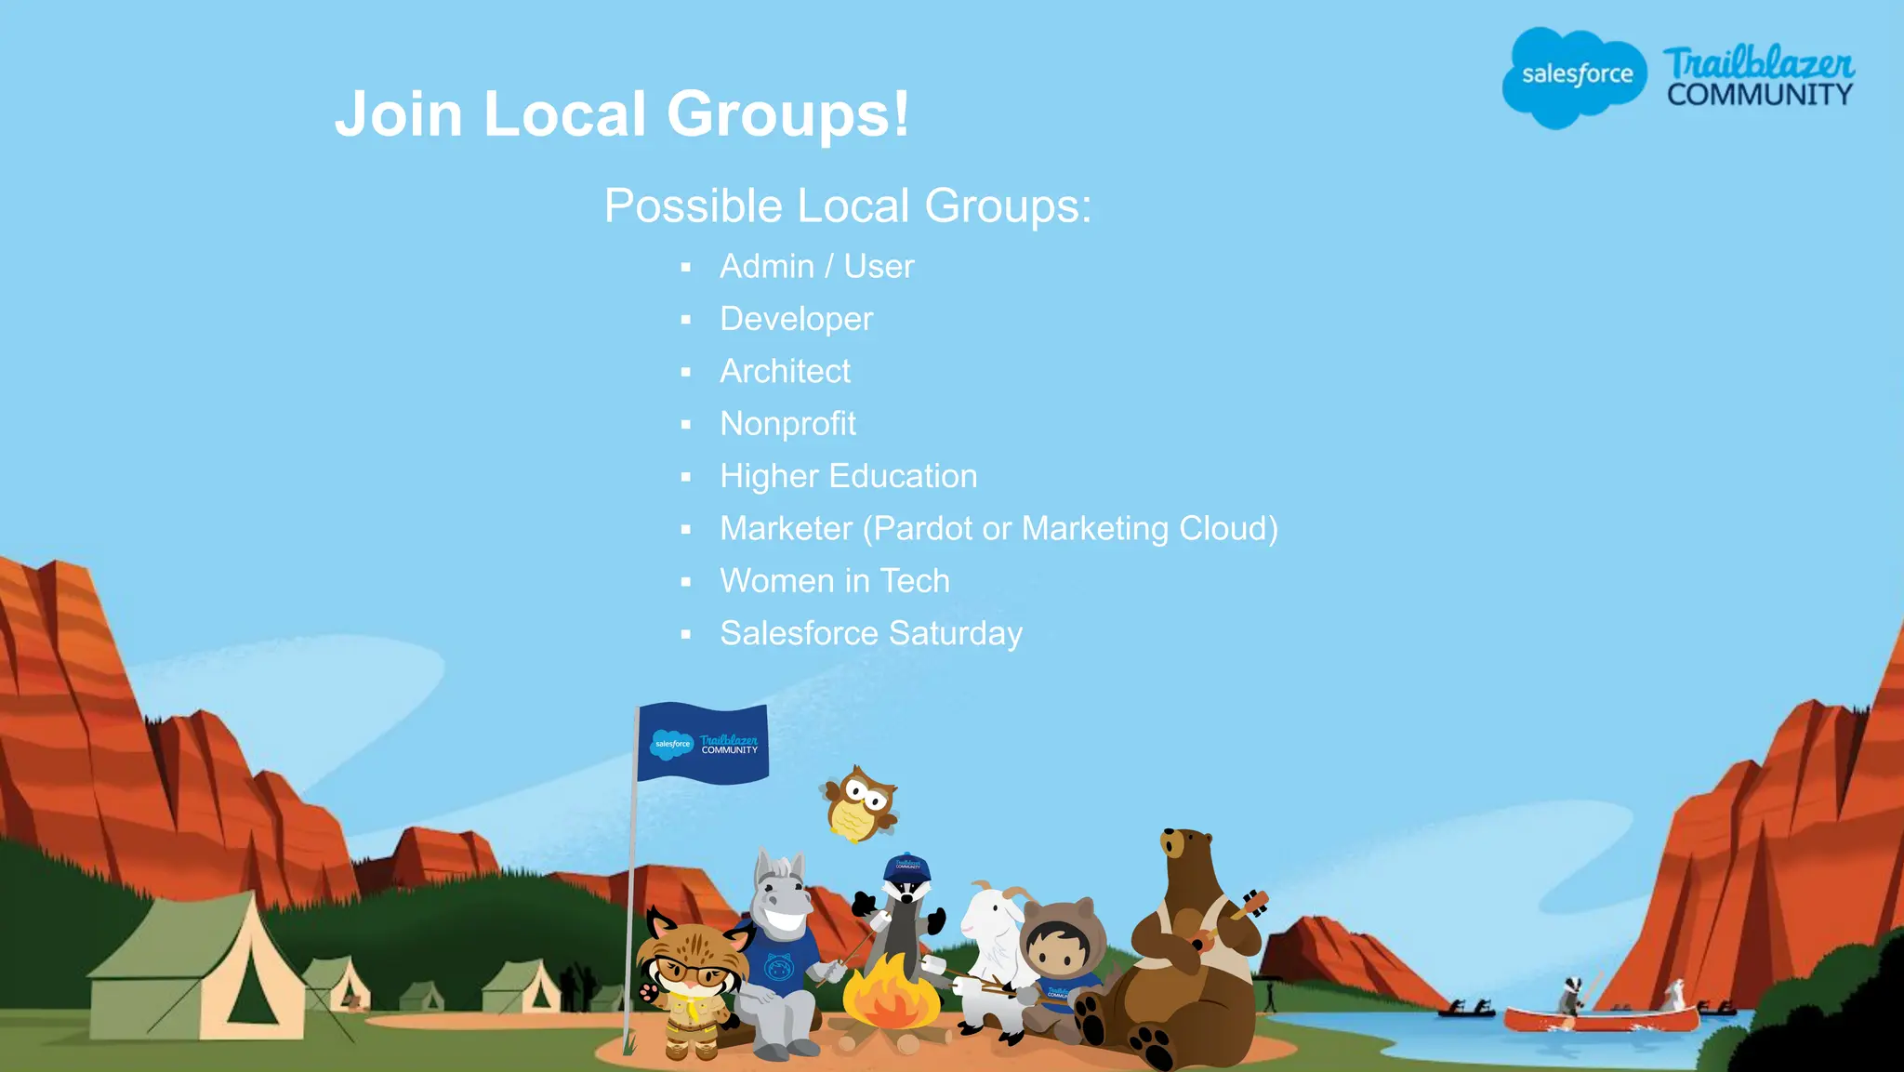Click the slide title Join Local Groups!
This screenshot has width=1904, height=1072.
point(622,113)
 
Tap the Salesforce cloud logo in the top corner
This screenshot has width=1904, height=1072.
point(1573,76)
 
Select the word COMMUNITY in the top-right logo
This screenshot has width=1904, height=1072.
point(1759,95)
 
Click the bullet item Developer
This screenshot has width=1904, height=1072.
point(796,319)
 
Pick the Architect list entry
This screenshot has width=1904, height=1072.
point(785,371)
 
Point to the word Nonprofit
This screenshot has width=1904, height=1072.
point(787,424)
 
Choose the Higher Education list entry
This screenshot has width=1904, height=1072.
point(848,476)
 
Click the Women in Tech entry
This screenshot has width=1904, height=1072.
point(834,581)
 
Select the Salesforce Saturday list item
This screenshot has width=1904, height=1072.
point(870,633)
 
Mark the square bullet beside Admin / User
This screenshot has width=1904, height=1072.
point(686,268)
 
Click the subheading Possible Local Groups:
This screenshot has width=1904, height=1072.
point(847,205)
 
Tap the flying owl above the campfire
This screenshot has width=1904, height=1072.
point(861,805)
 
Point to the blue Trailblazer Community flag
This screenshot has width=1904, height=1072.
point(703,744)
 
